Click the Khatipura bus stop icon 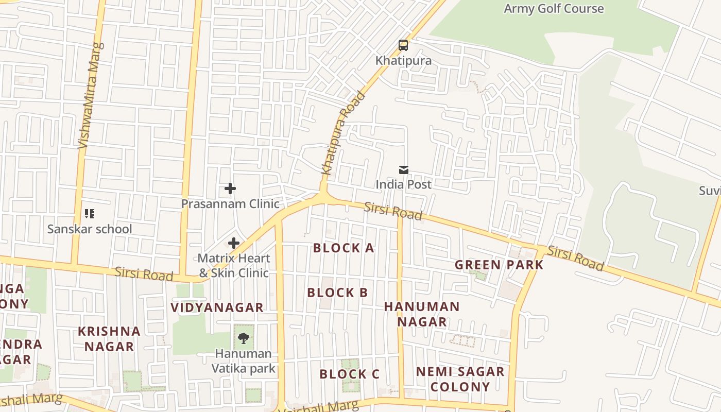point(403,45)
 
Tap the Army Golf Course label point(554,9)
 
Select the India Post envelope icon point(404,169)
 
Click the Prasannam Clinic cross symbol point(230,188)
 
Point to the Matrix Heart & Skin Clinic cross point(234,243)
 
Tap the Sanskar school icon point(90,213)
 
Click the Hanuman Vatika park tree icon point(244,338)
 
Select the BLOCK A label point(344,248)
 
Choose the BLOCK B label point(337,293)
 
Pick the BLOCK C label point(349,374)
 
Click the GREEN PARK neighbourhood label point(499,265)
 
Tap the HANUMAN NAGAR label point(422,314)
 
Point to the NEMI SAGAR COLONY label point(460,379)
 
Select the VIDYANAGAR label point(217,307)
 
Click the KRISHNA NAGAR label point(109,338)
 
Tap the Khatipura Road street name point(342,133)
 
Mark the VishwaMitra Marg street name point(90,95)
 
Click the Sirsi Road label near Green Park point(575,258)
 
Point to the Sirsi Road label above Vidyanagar point(144,273)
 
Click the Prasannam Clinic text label point(230,203)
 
